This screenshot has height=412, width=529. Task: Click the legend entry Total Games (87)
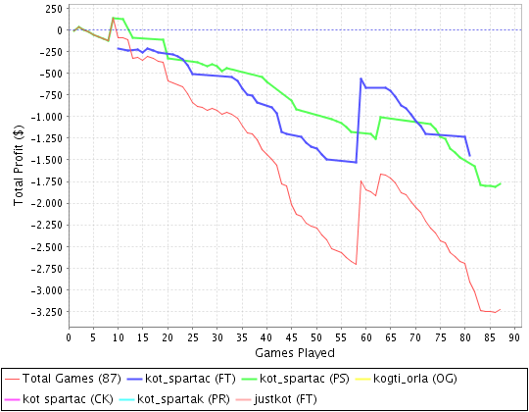(x=63, y=379)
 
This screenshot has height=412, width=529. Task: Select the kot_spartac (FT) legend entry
(x=181, y=379)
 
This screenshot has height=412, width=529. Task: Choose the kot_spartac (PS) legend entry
(x=296, y=379)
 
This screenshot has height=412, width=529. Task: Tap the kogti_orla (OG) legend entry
(x=406, y=379)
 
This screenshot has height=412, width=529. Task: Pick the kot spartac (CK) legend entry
(x=59, y=399)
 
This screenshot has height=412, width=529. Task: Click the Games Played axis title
(x=295, y=353)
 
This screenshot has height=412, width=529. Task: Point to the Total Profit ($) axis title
(x=19, y=165)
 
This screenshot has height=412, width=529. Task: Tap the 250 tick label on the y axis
(x=54, y=9)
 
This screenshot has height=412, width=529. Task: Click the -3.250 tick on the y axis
(x=47, y=312)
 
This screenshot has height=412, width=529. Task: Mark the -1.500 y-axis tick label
(x=47, y=160)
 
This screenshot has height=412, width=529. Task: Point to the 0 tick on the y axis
(x=60, y=30)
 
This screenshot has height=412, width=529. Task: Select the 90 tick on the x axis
(x=514, y=337)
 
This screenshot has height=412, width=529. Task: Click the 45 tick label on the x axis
(x=292, y=337)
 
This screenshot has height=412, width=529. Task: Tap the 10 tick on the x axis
(x=119, y=337)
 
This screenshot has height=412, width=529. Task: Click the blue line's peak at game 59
(x=361, y=78)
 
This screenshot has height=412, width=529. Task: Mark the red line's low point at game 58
(x=356, y=264)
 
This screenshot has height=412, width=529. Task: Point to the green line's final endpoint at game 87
(x=500, y=183)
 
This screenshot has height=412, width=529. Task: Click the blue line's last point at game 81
(x=470, y=156)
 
